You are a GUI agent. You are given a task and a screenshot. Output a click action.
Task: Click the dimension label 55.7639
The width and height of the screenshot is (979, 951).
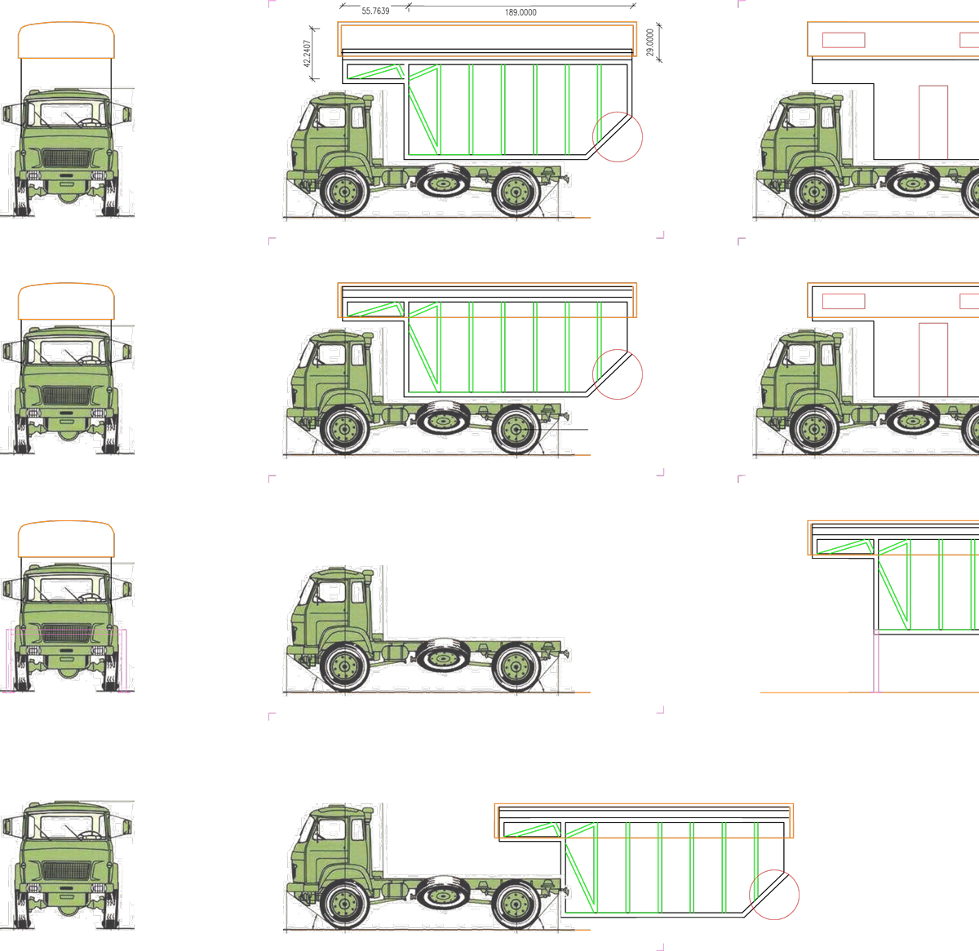375,11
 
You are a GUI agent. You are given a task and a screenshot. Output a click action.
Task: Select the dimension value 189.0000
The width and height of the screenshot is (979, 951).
521,12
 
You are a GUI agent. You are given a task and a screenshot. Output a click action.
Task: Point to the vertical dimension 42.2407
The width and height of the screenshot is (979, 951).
307,53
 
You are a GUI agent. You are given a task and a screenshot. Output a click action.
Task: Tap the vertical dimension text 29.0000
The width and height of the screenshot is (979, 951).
649,42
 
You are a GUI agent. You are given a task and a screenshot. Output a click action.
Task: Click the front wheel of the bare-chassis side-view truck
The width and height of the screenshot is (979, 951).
344,667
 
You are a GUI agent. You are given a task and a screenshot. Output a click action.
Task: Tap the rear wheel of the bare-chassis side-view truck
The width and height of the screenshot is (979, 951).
516,667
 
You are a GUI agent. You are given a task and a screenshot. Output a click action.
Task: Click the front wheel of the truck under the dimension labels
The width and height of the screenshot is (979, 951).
344,192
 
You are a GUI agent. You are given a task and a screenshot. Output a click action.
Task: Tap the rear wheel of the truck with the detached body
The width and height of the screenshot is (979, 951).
516,905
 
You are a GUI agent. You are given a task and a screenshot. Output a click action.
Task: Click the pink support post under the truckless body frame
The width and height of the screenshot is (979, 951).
876,661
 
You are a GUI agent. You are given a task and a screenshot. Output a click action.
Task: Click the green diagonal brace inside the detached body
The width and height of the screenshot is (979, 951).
580,877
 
